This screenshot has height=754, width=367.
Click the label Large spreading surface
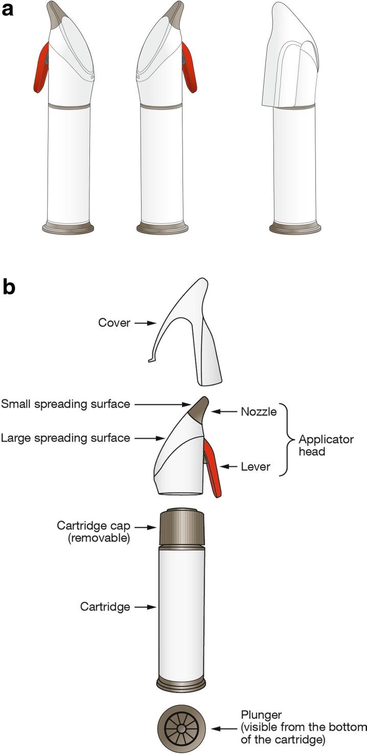click(x=65, y=437)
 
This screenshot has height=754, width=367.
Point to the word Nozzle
click(x=259, y=411)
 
